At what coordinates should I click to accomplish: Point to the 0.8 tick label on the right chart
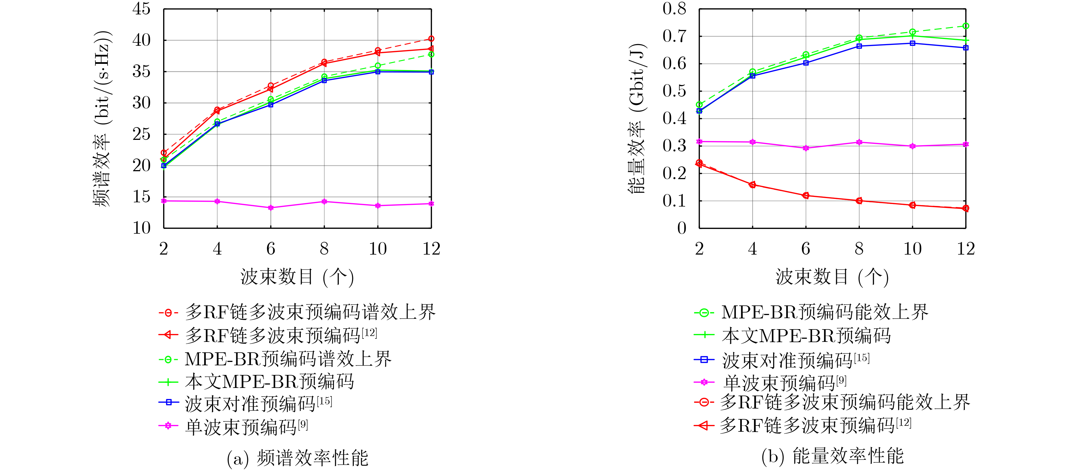click(x=674, y=9)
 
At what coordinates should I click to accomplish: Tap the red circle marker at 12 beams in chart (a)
click(x=431, y=38)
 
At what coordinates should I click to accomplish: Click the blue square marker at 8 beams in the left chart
click(x=324, y=81)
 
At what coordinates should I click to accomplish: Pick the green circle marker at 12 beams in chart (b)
click(x=965, y=26)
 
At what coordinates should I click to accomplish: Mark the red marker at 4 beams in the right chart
click(x=752, y=185)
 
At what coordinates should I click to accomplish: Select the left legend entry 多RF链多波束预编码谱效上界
click(x=310, y=312)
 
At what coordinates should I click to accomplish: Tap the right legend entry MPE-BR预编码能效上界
click(x=824, y=312)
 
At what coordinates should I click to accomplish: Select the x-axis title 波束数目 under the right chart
click(x=832, y=277)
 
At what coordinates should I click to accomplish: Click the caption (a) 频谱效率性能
click(x=298, y=458)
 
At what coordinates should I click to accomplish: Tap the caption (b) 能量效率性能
click(x=832, y=456)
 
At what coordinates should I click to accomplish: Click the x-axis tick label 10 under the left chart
click(x=378, y=249)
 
